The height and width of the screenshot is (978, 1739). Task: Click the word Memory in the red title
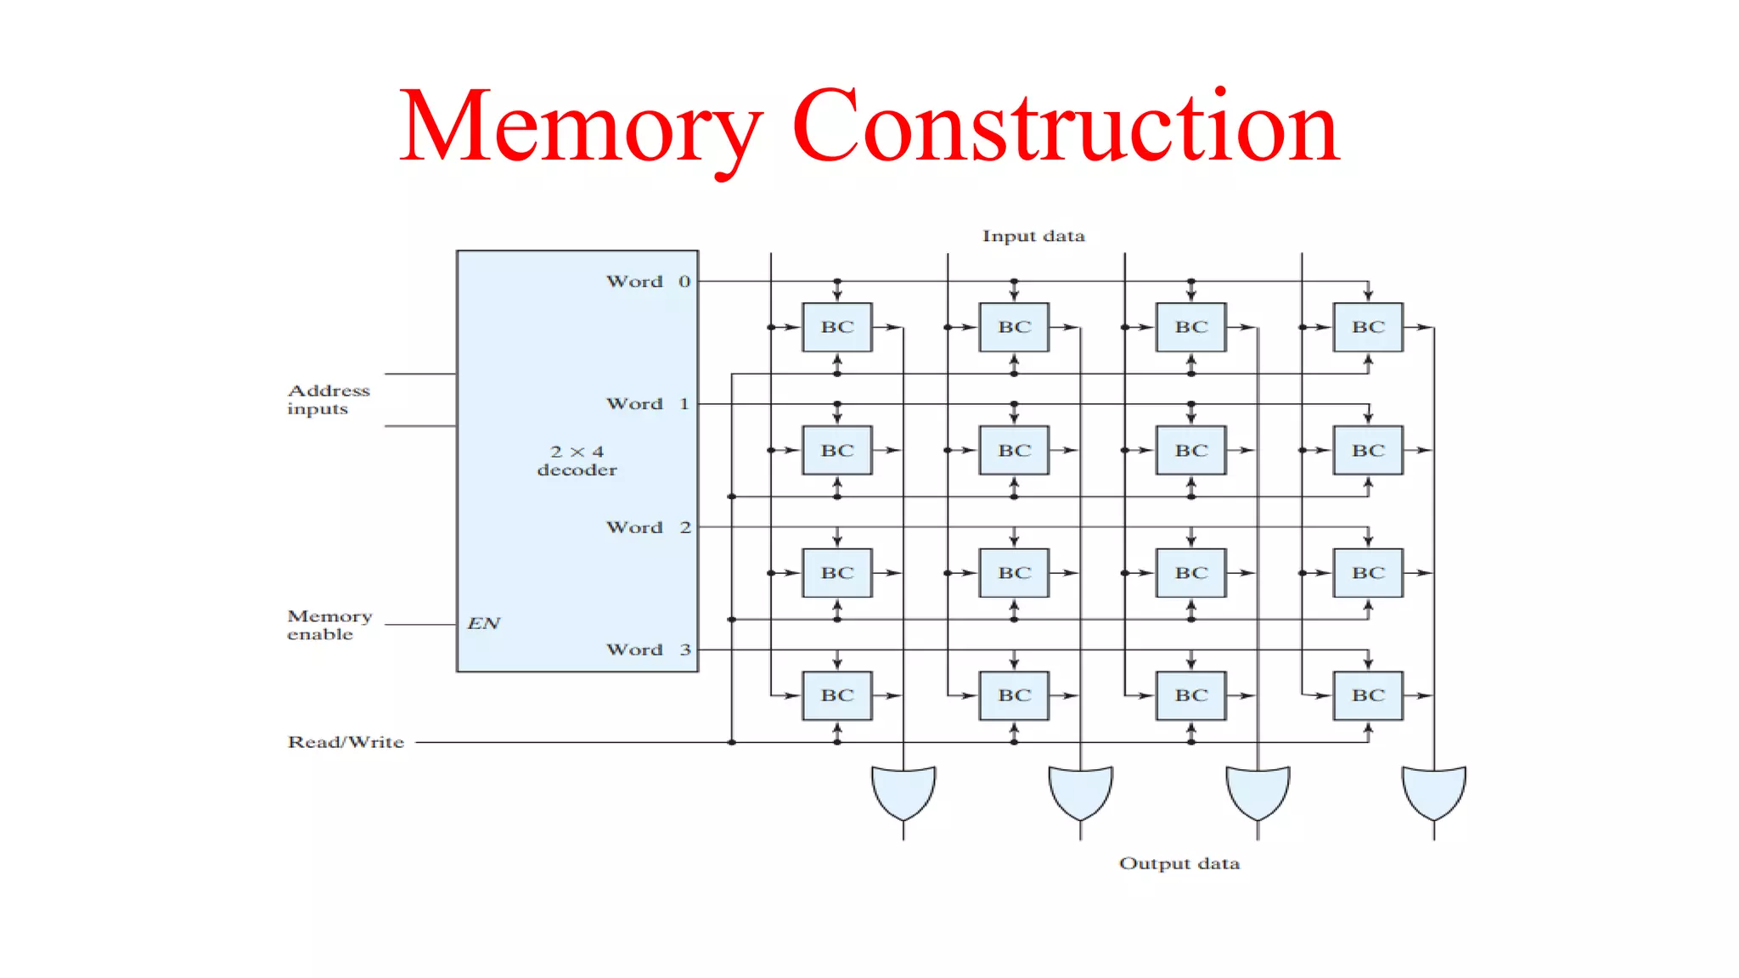581,127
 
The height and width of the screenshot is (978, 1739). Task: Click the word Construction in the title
1066,127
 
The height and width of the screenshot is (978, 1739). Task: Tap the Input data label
1033,236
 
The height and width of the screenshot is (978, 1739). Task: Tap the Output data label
1179,863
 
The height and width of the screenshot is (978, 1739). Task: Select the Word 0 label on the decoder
648,281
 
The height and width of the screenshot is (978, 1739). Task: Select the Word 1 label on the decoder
648,404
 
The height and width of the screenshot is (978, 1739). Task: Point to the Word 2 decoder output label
648,527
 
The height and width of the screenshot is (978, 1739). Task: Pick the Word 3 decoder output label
648,649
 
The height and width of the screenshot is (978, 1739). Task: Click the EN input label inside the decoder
484,623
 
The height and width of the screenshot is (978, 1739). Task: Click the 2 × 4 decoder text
577,460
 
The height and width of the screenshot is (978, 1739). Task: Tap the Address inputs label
328,399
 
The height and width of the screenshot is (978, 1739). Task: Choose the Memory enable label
329,625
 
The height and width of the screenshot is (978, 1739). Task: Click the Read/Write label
346,742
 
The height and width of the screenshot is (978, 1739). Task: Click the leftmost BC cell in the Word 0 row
837,327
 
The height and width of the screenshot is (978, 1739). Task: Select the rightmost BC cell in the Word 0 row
1368,327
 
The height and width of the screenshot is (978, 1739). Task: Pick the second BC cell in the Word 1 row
1014,450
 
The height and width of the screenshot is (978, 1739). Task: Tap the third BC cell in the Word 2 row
1191,573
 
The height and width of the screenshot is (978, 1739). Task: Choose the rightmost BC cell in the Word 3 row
1368,695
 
